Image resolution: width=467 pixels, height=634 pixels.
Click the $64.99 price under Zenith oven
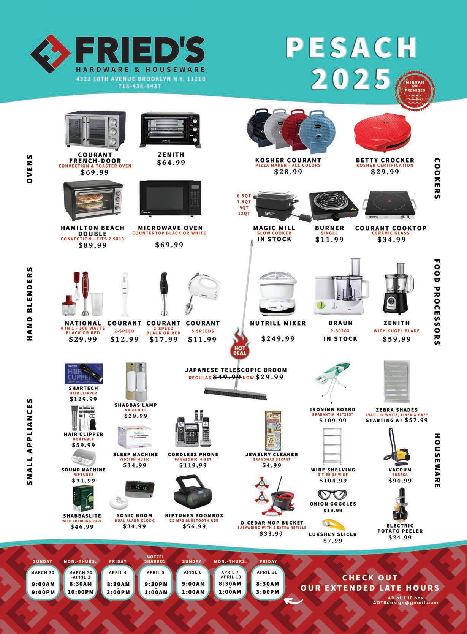[x=171, y=163]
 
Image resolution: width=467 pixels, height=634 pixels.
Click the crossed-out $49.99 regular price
[x=227, y=377]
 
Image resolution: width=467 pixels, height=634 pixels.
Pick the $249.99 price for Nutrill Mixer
[x=278, y=338]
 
